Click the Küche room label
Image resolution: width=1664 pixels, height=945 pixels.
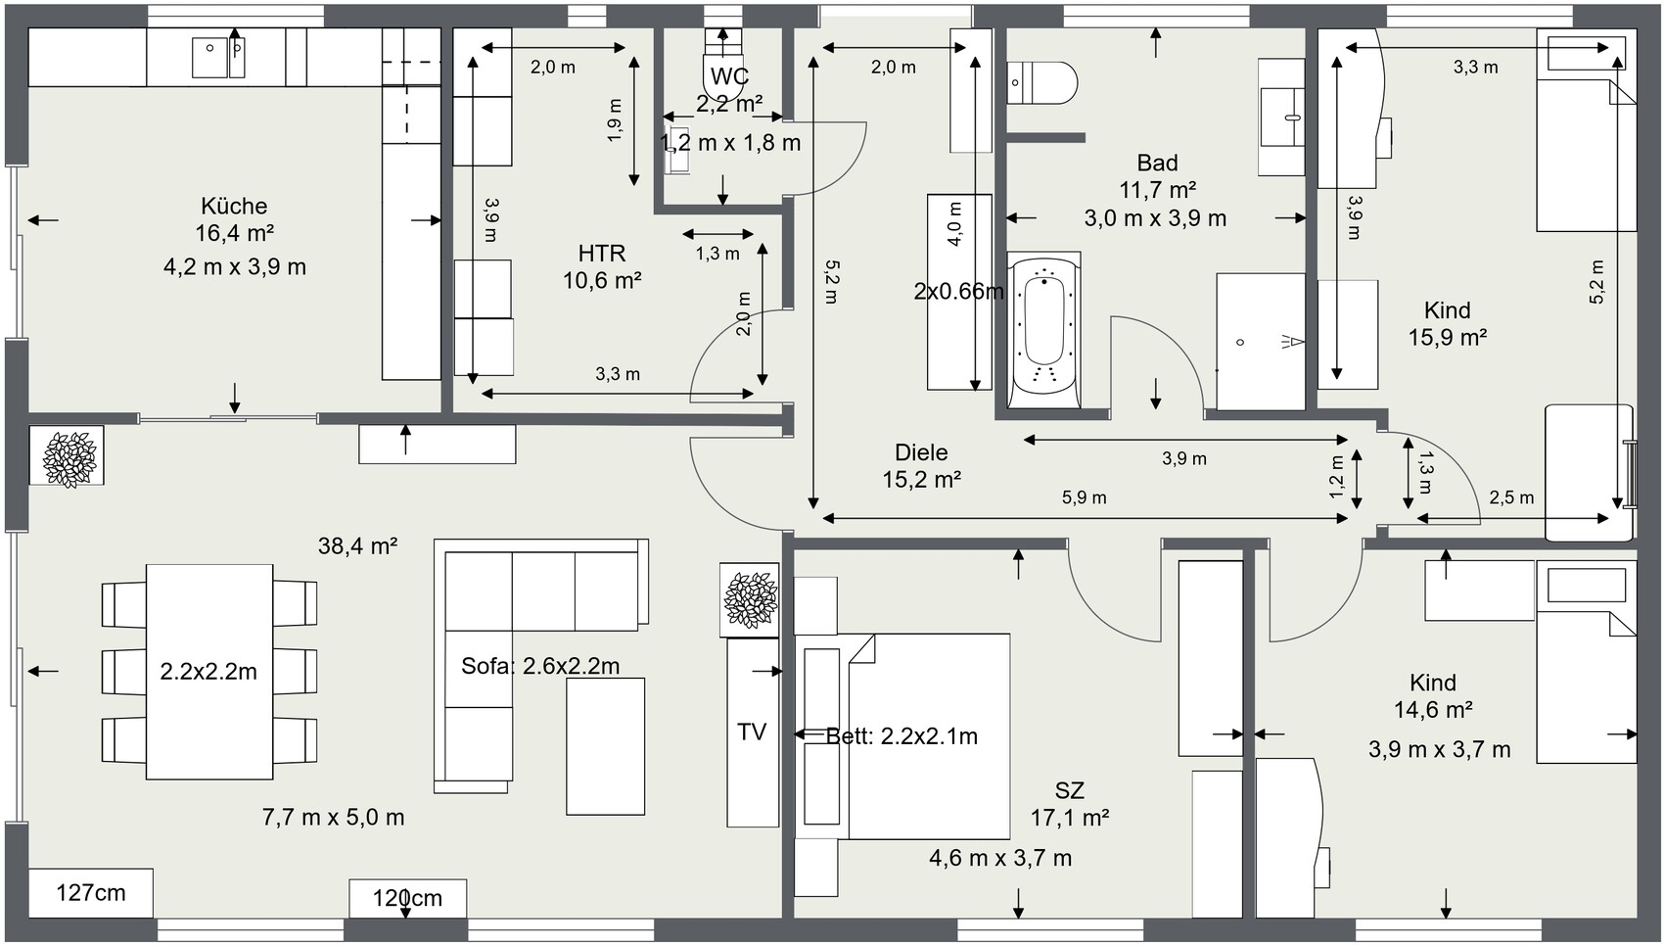[234, 206]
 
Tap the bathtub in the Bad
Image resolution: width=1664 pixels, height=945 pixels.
[1043, 330]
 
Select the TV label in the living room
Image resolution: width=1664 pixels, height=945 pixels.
[752, 732]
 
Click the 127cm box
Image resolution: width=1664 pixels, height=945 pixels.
[91, 893]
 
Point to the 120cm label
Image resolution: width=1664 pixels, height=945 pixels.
[407, 898]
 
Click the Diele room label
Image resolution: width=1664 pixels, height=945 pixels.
[921, 452]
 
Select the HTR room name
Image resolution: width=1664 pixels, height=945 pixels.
[602, 254]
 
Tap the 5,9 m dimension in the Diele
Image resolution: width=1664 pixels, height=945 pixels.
[1084, 497]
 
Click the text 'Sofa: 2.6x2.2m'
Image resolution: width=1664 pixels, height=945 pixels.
[540, 666]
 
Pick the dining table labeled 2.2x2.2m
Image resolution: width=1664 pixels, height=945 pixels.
[208, 672]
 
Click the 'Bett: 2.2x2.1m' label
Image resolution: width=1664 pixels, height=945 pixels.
[901, 736]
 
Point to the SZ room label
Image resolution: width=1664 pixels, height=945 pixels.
[1069, 790]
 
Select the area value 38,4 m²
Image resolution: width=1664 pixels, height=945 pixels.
[357, 546]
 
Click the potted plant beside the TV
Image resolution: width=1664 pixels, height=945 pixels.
[750, 599]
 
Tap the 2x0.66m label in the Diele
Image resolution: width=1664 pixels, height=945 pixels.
[958, 291]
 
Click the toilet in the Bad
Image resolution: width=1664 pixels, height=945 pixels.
[1042, 83]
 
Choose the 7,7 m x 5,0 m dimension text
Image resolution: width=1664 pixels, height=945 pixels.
[334, 818]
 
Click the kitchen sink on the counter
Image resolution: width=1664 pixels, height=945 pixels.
[218, 57]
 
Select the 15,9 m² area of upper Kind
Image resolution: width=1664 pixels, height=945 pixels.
[1447, 337]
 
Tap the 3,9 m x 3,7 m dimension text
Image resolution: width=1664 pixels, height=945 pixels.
[1440, 749]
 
